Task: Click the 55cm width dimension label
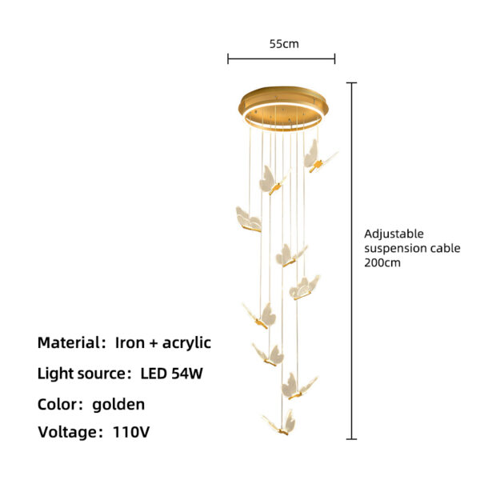click(x=284, y=44)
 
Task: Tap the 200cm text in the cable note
click(x=382, y=262)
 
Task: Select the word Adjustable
click(x=394, y=234)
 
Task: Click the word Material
click(x=68, y=342)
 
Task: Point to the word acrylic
click(x=186, y=343)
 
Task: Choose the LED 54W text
click(x=172, y=373)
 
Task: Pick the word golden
click(x=118, y=405)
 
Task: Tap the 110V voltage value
click(x=131, y=432)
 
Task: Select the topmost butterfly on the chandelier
click(x=319, y=157)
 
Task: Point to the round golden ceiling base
click(x=283, y=108)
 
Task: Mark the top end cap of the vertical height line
click(x=351, y=82)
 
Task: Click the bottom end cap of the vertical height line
click(x=351, y=439)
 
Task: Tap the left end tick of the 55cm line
click(x=228, y=58)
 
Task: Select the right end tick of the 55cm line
click(x=335, y=58)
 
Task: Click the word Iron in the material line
click(x=130, y=342)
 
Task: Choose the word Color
click(x=58, y=404)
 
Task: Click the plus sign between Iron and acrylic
click(x=154, y=343)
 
